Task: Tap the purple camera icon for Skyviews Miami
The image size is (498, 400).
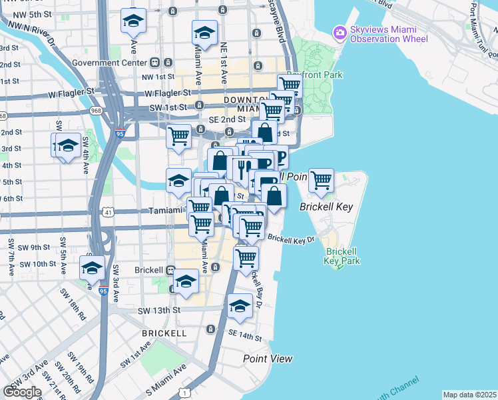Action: [340, 31]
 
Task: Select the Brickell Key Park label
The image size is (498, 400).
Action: [343, 256]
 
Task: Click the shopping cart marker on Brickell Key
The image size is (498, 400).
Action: [321, 180]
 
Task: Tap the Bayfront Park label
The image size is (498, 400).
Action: [314, 75]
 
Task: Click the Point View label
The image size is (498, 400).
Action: [267, 359]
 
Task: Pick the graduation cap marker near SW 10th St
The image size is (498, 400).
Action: [92, 267]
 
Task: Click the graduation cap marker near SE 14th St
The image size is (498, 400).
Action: [240, 305]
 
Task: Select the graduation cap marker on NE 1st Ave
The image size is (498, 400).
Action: [204, 32]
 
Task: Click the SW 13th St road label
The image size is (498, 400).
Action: [159, 311]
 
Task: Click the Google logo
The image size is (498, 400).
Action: [23, 391]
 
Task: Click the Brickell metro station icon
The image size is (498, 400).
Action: [170, 271]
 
